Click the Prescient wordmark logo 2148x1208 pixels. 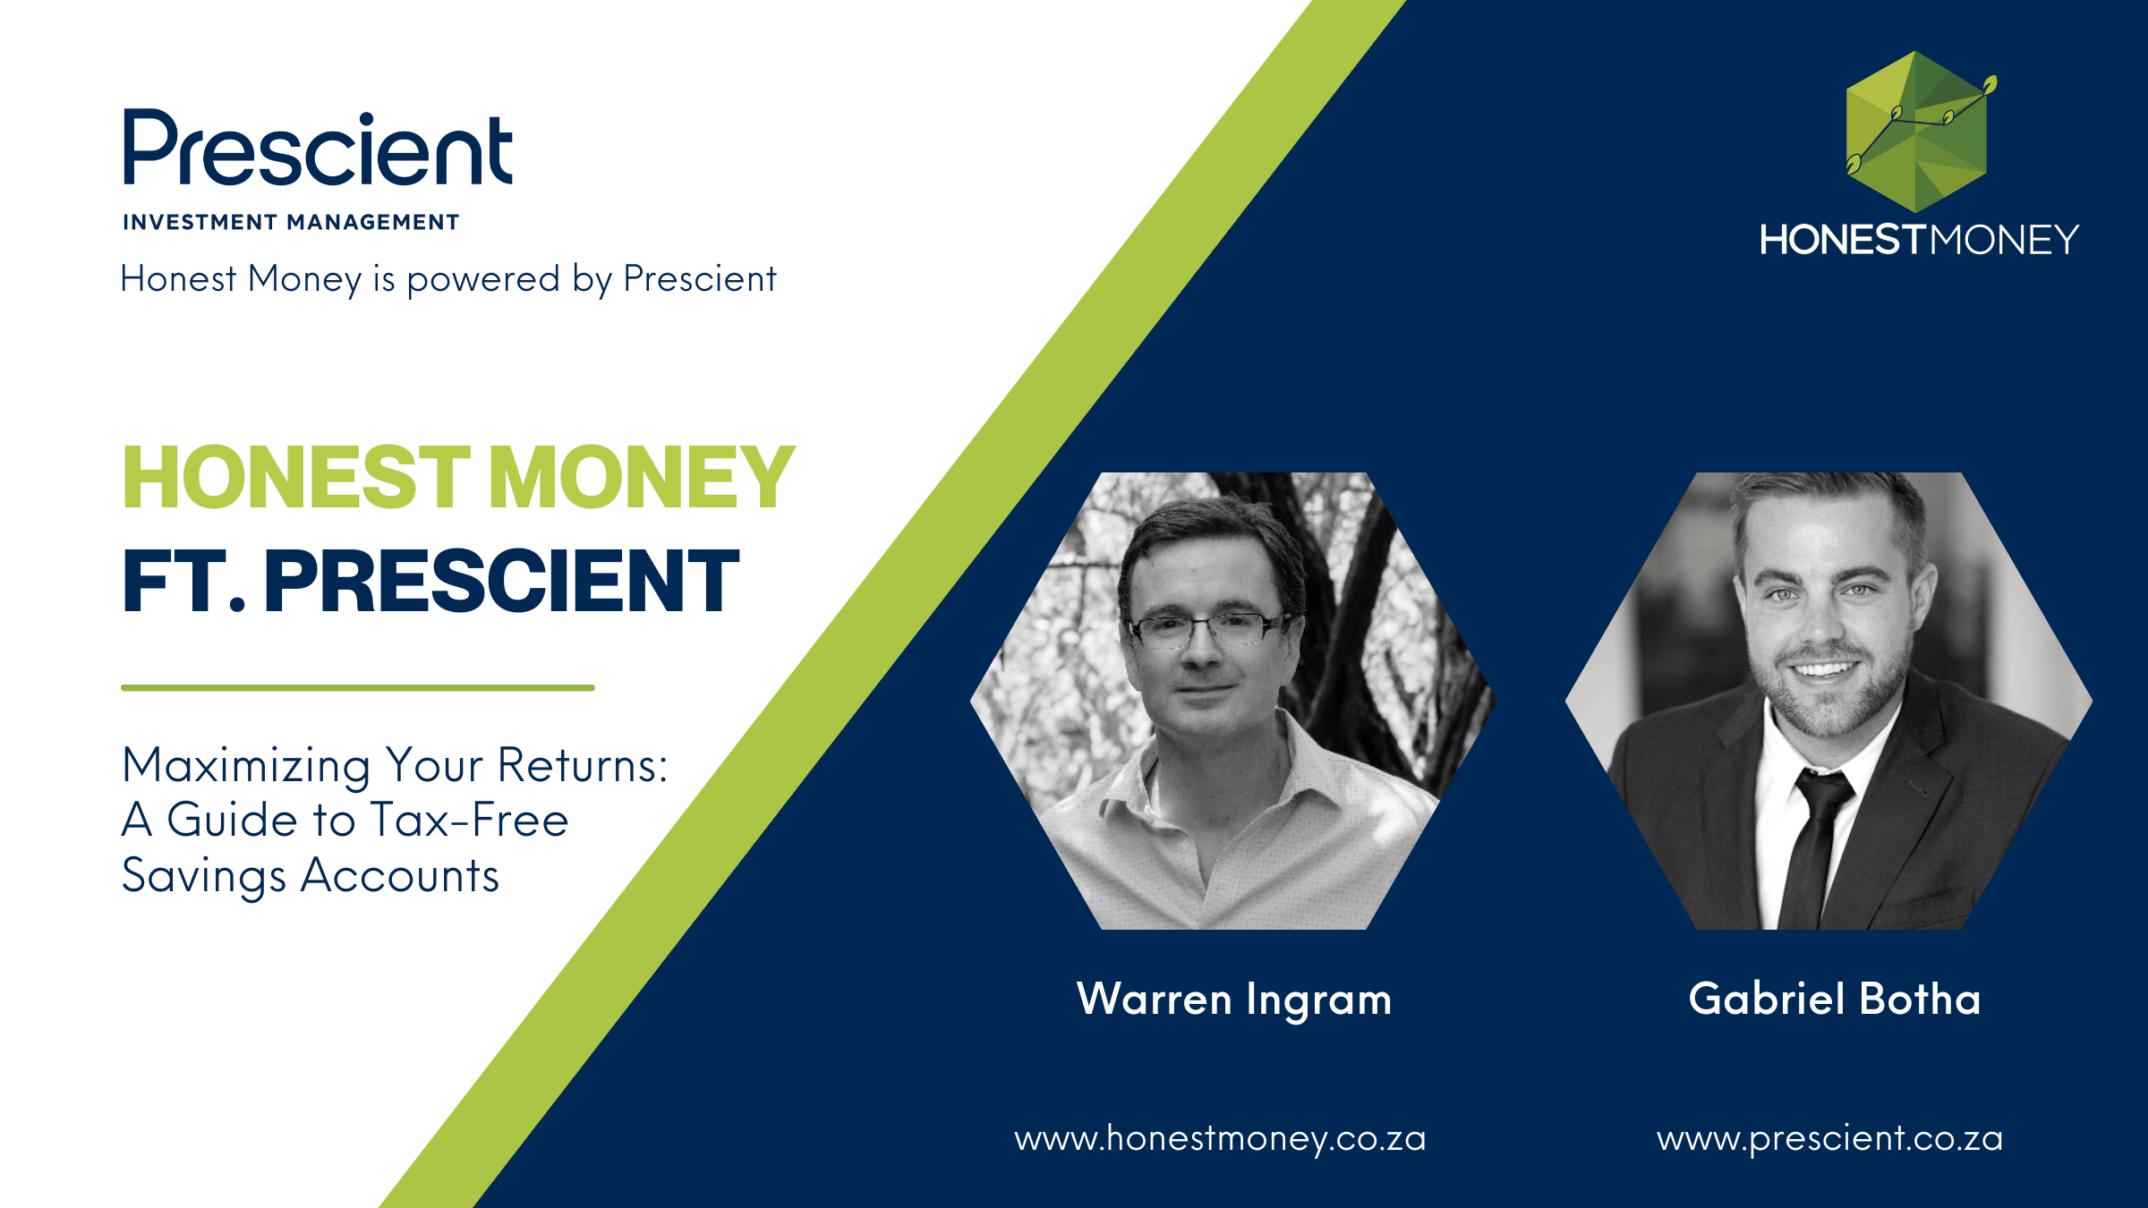coord(318,148)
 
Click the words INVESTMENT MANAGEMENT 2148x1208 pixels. coord(291,222)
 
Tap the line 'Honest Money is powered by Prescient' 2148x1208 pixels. coord(448,279)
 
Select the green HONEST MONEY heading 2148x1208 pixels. coord(458,478)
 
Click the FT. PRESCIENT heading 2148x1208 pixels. coord(430,581)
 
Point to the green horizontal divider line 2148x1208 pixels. coord(358,687)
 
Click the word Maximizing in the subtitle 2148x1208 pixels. coord(246,767)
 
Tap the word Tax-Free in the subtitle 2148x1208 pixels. coord(469,820)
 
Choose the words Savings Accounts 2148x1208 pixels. coord(311,876)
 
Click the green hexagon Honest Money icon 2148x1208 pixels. coord(1918,132)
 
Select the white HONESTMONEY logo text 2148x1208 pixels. coord(1919,240)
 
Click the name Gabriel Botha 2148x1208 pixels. coord(1835,999)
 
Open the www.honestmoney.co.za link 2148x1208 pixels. coord(1220,1139)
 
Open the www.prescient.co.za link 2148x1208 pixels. coord(1829,1139)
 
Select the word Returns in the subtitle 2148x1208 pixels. coord(583,765)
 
